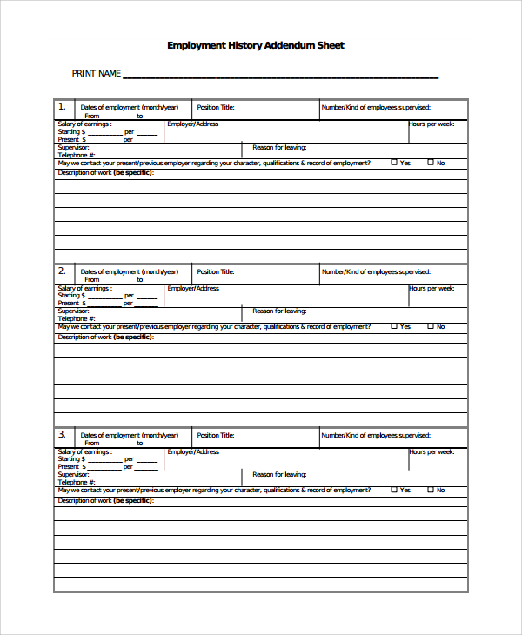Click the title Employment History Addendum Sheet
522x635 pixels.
click(x=255, y=45)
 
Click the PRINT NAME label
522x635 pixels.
click(x=96, y=74)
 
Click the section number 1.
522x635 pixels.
click(x=62, y=107)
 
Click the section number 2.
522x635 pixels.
click(x=62, y=271)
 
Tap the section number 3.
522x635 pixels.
click(x=62, y=434)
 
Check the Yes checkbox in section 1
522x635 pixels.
click(x=394, y=163)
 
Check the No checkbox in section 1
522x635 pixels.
click(x=430, y=163)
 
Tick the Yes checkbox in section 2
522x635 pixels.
click(x=394, y=326)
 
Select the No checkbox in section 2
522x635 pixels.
click(x=430, y=326)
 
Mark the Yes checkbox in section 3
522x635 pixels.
click(x=394, y=490)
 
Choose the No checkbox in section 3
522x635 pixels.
click(x=430, y=490)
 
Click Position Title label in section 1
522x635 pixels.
click(x=216, y=108)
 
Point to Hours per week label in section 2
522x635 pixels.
click(x=432, y=288)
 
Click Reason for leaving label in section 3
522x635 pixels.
click(x=279, y=475)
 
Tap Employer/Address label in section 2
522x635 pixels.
click(x=193, y=288)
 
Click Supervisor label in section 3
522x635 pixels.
click(x=73, y=475)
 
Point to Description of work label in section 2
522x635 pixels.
click(x=105, y=337)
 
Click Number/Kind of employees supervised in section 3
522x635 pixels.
click(x=376, y=435)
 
